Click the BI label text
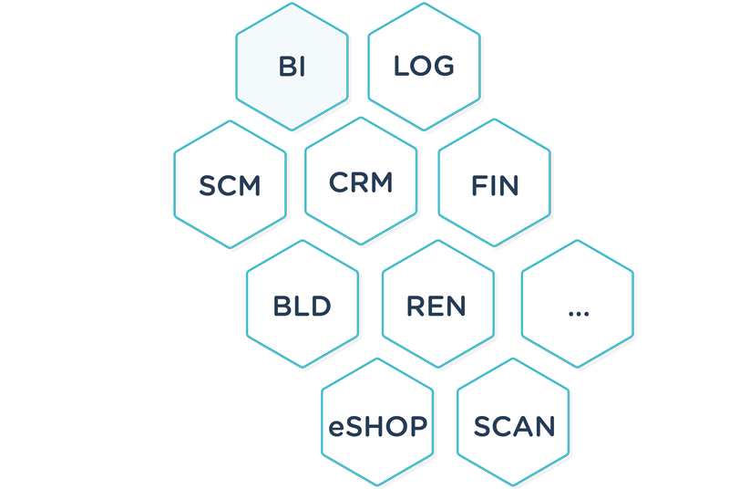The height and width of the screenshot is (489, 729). pyautogui.click(x=292, y=68)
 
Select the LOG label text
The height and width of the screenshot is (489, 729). pyautogui.click(x=424, y=67)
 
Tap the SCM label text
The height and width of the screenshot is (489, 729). pyautogui.click(x=230, y=186)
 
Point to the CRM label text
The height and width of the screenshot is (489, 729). pyautogui.click(x=361, y=182)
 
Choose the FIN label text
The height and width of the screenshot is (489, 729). pyautogui.click(x=495, y=186)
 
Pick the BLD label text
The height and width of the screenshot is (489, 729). pyautogui.click(x=303, y=306)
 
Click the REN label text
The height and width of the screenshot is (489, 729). pyautogui.click(x=436, y=306)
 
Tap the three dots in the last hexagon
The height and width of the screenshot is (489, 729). pyautogui.click(x=578, y=312)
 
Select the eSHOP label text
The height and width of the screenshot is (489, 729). pyautogui.click(x=377, y=426)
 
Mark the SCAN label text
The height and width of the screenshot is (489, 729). pyautogui.click(x=514, y=426)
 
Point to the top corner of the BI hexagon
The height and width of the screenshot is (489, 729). pyautogui.click(x=292, y=5)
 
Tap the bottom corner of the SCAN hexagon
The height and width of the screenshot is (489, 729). pyautogui.click(x=513, y=485)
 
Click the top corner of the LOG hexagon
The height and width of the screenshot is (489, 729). pyautogui.click(x=424, y=5)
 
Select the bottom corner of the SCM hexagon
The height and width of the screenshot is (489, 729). pyautogui.click(x=231, y=248)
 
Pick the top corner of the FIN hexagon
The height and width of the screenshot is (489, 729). pyautogui.click(x=495, y=119)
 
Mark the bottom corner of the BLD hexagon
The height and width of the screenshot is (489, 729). pyautogui.click(x=303, y=368)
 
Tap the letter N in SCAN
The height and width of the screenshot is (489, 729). pyautogui.click(x=543, y=426)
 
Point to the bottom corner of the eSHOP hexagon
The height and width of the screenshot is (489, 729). pyautogui.click(x=377, y=485)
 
